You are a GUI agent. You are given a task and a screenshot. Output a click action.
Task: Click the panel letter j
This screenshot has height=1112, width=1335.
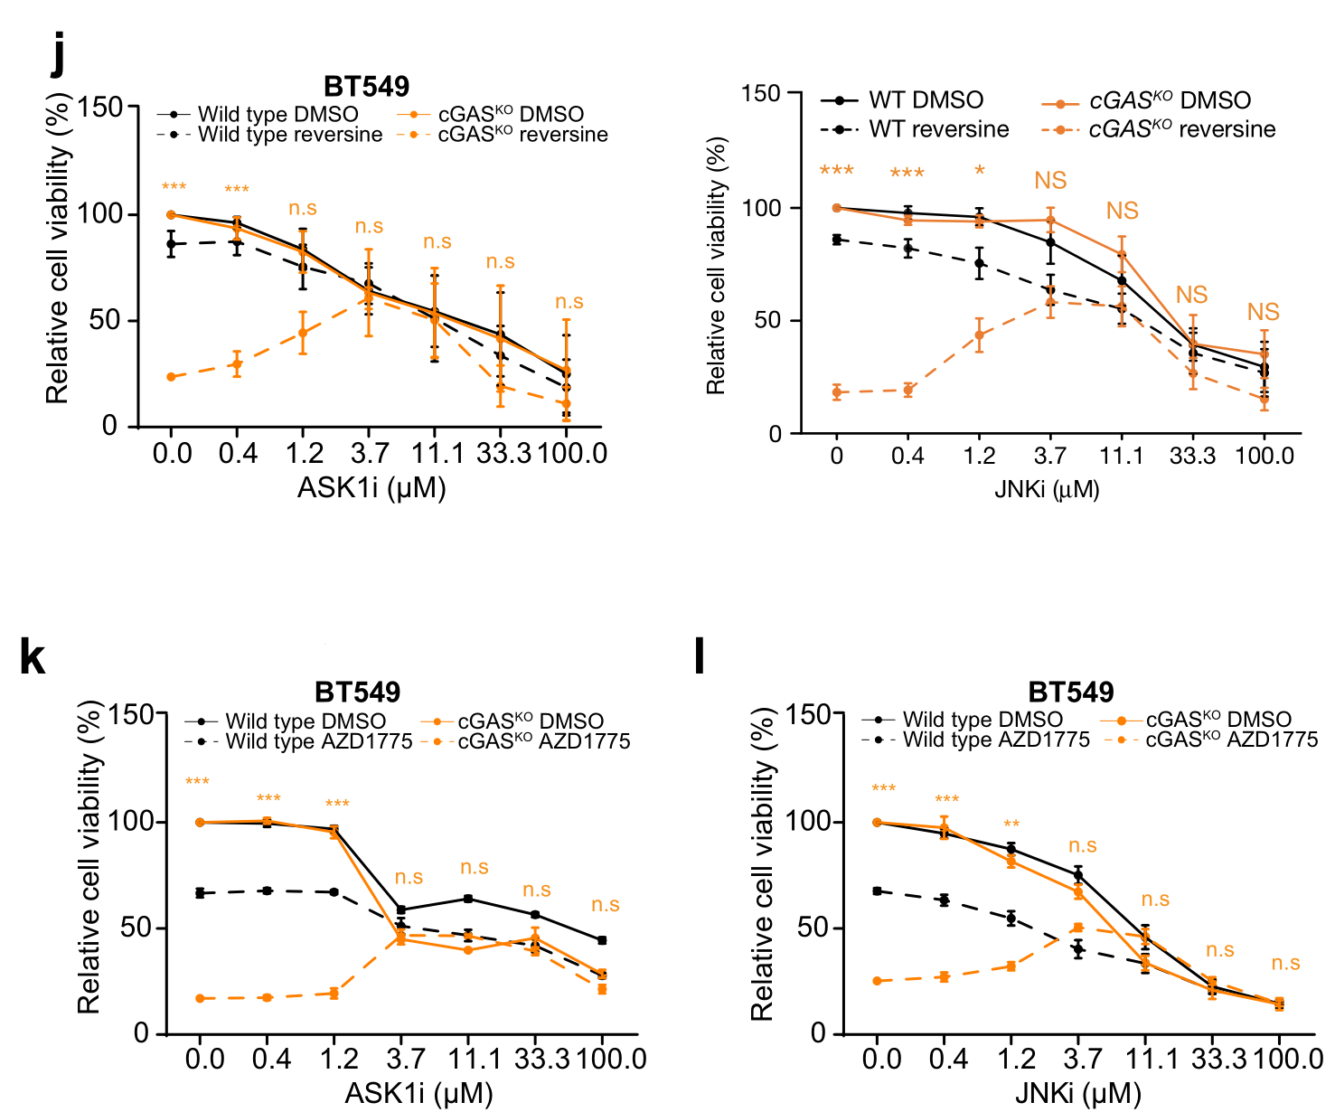[59, 56]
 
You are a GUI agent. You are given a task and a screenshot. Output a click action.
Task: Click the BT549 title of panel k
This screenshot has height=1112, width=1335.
[357, 693]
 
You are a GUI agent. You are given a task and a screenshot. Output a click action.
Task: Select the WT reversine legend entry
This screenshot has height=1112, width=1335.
[938, 129]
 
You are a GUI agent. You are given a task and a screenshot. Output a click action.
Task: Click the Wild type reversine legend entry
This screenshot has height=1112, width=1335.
[289, 135]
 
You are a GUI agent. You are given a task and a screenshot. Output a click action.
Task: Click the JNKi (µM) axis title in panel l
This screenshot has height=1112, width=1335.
[1077, 1093]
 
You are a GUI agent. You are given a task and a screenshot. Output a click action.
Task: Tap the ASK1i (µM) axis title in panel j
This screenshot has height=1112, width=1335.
[371, 488]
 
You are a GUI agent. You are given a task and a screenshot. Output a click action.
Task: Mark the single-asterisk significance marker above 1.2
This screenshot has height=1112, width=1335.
[980, 171]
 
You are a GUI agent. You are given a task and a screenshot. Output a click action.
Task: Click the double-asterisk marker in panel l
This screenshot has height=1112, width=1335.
[1011, 825]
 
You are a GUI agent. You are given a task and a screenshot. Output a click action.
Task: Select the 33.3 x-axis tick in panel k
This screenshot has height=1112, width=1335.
[542, 1059]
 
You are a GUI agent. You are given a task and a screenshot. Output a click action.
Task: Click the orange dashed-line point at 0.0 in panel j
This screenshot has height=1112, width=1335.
[171, 377]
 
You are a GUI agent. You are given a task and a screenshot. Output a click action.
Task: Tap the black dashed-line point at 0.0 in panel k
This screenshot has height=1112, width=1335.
[200, 893]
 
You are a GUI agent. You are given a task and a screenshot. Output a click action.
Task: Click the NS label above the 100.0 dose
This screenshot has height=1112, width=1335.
[1263, 313]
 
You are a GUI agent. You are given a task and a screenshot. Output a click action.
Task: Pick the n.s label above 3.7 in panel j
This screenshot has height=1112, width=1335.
[369, 226]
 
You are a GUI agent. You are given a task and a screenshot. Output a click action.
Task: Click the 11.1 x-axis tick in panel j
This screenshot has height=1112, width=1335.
[437, 454]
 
